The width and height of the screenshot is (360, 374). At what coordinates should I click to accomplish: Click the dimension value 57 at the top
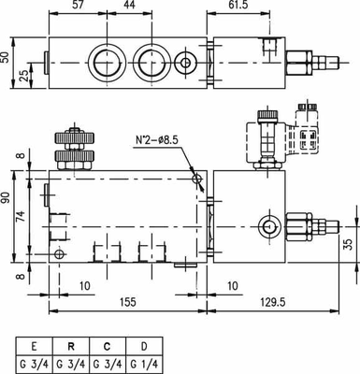coord(79,7)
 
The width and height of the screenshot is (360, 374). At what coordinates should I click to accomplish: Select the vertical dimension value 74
coord(22,217)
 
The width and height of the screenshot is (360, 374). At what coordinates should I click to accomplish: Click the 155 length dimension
coord(129,303)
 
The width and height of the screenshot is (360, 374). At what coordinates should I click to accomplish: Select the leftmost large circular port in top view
coord(104,63)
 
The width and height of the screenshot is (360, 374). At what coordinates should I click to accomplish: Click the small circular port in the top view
coord(188,63)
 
